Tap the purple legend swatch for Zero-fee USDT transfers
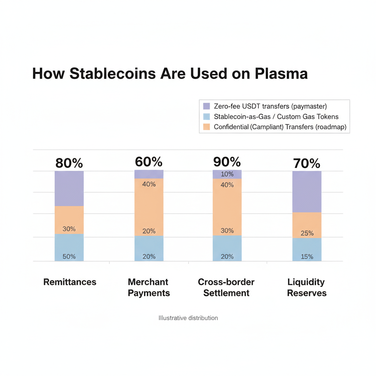click(206, 106)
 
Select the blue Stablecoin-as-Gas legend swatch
click(206, 117)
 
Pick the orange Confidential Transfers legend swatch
click(206, 127)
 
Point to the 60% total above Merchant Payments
click(149, 162)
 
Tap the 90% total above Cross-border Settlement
click(227, 162)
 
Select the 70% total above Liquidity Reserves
click(307, 164)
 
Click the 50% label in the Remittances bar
click(69, 257)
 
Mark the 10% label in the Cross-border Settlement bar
click(227, 174)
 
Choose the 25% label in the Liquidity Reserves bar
click(307, 233)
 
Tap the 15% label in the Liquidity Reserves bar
click(307, 257)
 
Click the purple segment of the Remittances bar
click(69, 188)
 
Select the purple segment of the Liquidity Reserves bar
click(307, 192)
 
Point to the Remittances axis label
click(70, 282)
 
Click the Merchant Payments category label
click(149, 288)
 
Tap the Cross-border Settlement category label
click(226, 288)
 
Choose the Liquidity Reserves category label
click(307, 288)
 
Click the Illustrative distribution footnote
click(188, 318)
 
